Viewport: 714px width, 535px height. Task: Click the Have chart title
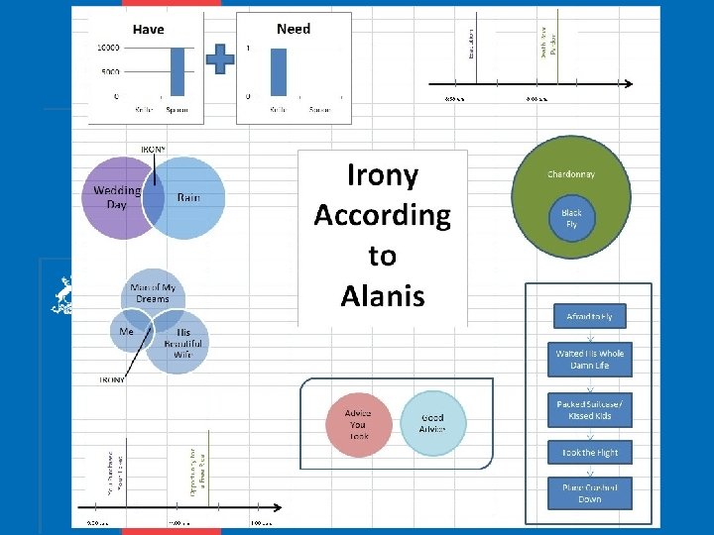pos(149,30)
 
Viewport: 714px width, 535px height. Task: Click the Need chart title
pos(294,29)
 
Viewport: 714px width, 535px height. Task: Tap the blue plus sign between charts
pos(220,59)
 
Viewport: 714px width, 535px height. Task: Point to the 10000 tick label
pos(108,48)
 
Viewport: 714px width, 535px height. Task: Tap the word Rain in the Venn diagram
pos(188,197)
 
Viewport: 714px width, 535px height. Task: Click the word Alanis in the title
pos(382,295)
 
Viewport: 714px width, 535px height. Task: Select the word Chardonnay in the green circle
pos(571,174)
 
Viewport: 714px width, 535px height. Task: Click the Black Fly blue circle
pos(571,219)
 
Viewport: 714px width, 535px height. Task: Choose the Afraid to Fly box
pos(589,316)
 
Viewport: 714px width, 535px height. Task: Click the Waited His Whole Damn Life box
pos(589,359)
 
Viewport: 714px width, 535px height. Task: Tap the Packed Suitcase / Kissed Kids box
pos(589,410)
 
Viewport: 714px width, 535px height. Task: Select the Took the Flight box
pos(589,452)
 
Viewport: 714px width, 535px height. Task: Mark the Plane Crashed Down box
pos(589,493)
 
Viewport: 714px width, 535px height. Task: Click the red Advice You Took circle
pos(359,424)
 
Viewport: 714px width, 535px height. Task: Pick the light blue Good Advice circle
pos(432,424)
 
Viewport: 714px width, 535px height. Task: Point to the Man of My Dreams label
pos(152,292)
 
